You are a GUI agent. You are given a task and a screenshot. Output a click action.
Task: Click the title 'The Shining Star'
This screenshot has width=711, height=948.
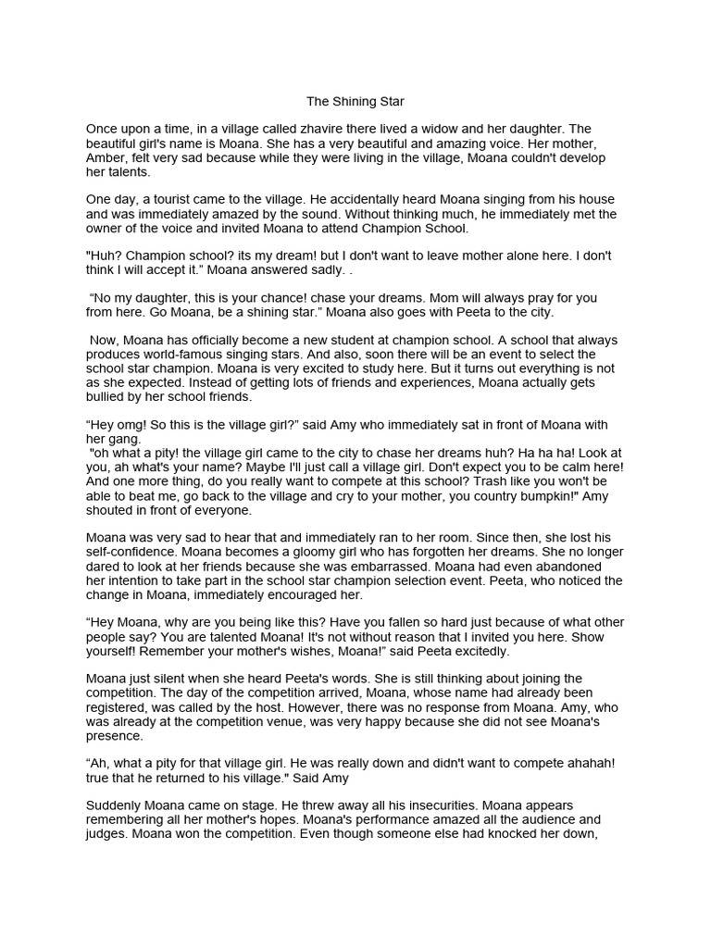355,101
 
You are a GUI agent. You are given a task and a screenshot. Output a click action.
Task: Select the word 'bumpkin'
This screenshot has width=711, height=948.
518,495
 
